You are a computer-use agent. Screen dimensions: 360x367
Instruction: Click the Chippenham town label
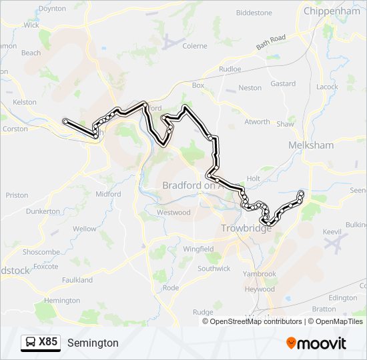click(x=332, y=11)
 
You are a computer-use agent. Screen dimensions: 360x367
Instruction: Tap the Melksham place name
click(x=310, y=145)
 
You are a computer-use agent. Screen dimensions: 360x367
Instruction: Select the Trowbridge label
click(x=246, y=229)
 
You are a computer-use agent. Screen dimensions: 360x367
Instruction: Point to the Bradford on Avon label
click(x=194, y=186)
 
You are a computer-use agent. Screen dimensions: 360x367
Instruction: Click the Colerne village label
click(x=195, y=46)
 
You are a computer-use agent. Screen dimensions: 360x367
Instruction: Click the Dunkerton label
click(x=43, y=211)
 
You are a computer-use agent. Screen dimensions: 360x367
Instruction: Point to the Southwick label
click(x=214, y=269)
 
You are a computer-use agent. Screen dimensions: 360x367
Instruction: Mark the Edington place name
click(x=343, y=298)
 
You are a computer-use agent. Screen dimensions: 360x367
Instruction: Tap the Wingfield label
click(x=199, y=249)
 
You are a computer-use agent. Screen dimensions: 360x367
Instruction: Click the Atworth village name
click(x=257, y=122)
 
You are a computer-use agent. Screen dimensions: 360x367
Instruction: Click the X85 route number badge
click(x=48, y=342)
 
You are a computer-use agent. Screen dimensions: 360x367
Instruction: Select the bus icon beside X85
click(x=31, y=343)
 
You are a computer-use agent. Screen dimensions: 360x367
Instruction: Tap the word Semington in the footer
click(x=93, y=343)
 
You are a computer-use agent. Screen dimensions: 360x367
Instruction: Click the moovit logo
click(x=316, y=343)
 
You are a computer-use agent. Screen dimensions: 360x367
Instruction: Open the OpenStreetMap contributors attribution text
click(x=256, y=321)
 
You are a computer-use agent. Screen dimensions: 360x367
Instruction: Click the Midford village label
click(x=108, y=194)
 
